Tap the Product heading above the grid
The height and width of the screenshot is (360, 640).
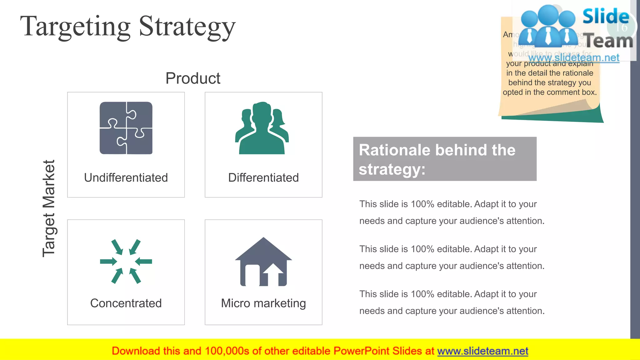click(193, 78)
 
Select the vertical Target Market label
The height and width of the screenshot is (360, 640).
click(49, 208)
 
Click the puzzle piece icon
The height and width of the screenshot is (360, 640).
click(126, 128)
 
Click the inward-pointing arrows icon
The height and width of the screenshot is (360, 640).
click(126, 262)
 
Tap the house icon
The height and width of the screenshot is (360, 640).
click(263, 262)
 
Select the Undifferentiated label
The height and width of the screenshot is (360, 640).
click(126, 177)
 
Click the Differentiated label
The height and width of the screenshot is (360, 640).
click(263, 177)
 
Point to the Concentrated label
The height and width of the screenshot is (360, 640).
click(126, 303)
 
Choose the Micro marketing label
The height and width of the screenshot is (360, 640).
click(263, 303)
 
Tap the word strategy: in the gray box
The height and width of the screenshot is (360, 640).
click(392, 169)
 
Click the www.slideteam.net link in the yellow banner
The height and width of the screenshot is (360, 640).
click(482, 351)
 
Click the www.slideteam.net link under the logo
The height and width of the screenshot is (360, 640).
click(574, 57)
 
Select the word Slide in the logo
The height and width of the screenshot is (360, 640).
click(606, 16)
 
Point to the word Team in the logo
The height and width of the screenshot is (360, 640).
click(608, 41)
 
